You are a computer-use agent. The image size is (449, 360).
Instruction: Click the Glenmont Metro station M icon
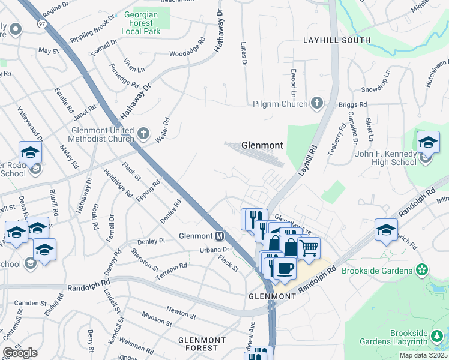(x=220, y=236)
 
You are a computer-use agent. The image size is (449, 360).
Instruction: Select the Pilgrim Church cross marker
(x=316, y=103)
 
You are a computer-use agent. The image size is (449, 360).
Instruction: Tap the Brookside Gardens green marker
(x=423, y=270)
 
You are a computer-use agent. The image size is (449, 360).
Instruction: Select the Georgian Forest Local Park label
(x=145, y=22)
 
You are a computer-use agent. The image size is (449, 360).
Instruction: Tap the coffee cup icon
(x=286, y=268)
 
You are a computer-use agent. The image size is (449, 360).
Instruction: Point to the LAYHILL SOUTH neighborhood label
(x=337, y=40)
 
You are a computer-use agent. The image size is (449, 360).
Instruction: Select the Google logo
(x=20, y=353)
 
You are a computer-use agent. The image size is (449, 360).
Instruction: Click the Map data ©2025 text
(x=423, y=355)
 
